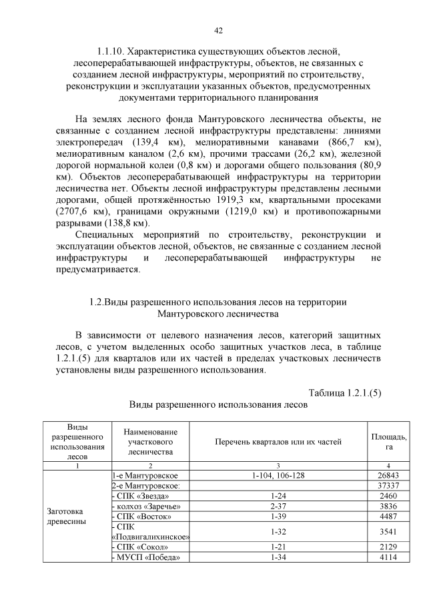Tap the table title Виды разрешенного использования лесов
point(218,404)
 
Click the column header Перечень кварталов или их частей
point(278,442)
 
